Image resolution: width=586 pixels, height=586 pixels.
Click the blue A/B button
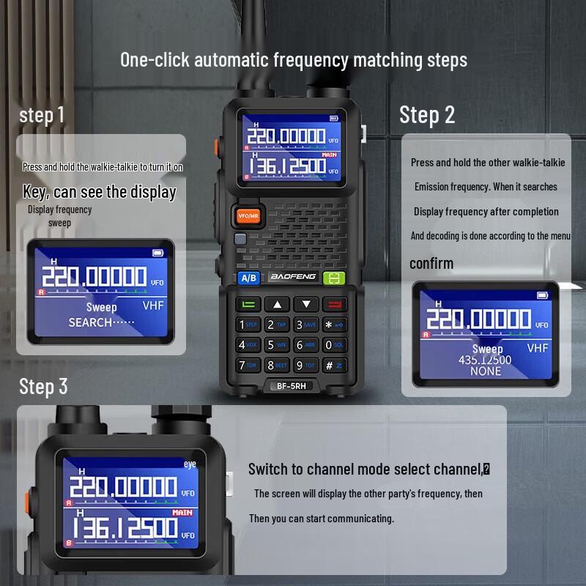pyautogui.click(x=249, y=278)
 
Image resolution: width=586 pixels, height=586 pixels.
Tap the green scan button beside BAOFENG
pyautogui.click(x=335, y=278)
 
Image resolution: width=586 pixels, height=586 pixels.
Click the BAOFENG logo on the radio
pyautogui.click(x=292, y=277)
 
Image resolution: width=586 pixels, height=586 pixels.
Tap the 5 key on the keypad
pyautogui.click(x=277, y=344)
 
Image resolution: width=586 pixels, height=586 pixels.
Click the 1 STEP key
pyautogui.click(x=248, y=324)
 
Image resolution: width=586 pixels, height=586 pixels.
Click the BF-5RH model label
pyautogui.click(x=292, y=386)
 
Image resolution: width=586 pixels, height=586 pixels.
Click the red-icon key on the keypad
pyautogui.click(x=335, y=304)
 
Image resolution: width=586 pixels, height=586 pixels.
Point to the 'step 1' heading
pyautogui.click(x=42, y=115)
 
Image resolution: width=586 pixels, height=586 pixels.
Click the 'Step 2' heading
pyautogui.click(x=427, y=115)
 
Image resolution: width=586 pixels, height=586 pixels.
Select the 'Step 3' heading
pyautogui.click(x=43, y=386)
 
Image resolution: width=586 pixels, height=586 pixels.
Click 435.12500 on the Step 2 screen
pyautogui.click(x=485, y=360)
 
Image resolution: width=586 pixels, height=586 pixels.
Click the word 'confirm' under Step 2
pyautogui.click(x=431, y=264)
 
